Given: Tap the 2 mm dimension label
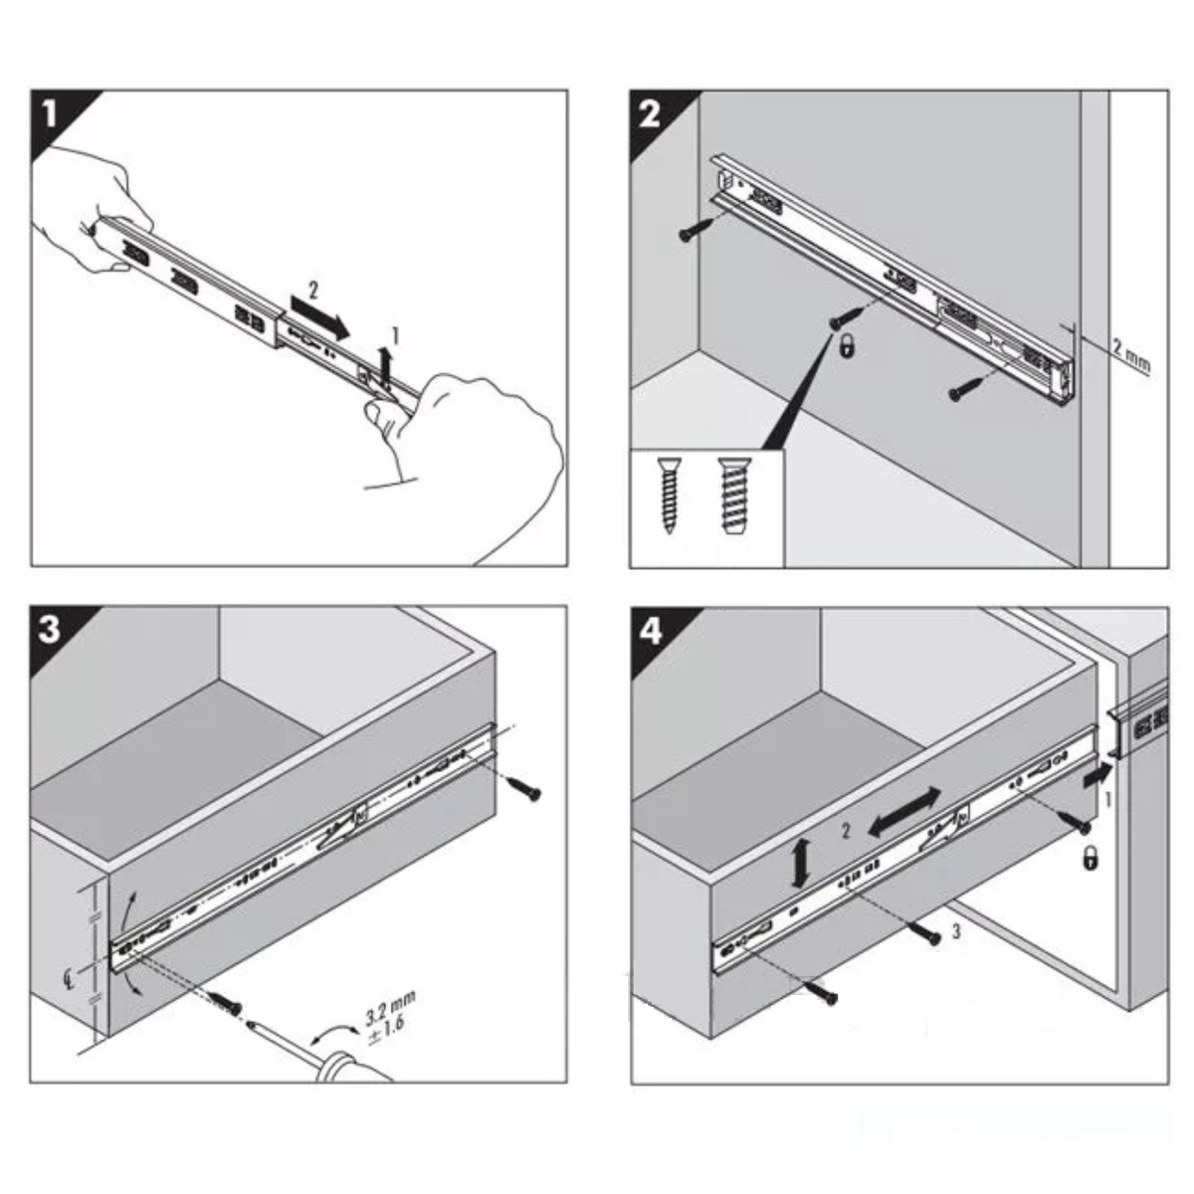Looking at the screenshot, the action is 1131,355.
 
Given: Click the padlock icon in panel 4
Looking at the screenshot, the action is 1090,860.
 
